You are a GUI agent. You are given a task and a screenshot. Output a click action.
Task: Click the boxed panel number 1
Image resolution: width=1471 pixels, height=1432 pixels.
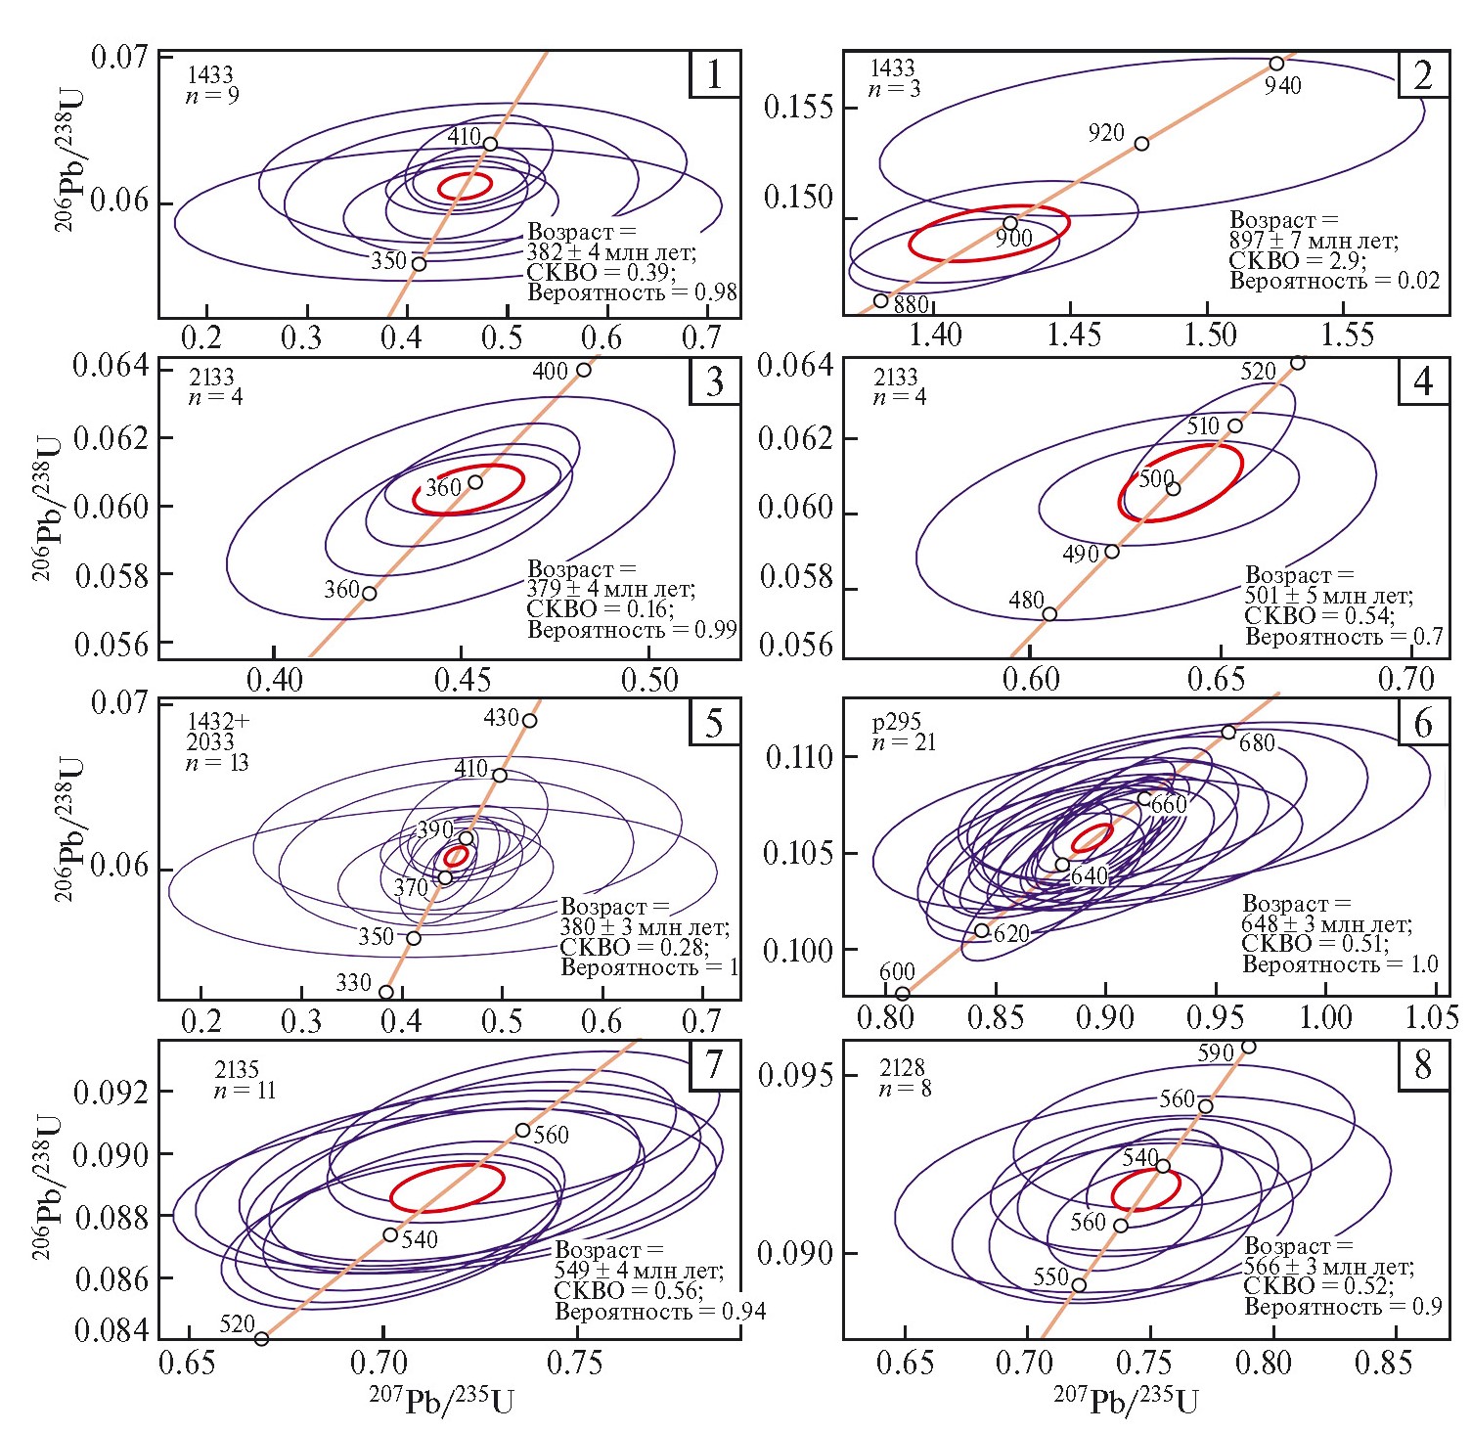click(714, 74)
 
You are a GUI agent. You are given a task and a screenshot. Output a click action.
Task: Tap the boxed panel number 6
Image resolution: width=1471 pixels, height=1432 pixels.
click(1423, 723)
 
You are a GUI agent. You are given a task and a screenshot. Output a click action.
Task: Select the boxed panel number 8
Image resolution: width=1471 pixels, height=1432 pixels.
click(1423, 1064)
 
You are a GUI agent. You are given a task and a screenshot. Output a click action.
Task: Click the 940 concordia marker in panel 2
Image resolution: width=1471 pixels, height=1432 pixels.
click(1276, 64)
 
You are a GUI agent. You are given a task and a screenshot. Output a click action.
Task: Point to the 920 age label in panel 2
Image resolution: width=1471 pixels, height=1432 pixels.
click(1106, 133)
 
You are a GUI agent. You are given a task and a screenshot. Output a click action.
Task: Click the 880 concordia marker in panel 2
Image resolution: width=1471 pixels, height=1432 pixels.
click(880, 300)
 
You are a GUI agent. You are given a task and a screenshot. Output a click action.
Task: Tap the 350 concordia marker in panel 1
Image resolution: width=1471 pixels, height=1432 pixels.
click(419, 264)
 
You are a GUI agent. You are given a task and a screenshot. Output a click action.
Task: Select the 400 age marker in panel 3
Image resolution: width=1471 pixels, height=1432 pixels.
click(584, 370)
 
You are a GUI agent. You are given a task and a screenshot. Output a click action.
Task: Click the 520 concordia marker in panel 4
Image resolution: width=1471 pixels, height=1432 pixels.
click(1298, 363)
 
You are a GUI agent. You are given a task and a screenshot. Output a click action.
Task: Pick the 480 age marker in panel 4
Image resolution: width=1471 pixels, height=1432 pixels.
click(1049, 614)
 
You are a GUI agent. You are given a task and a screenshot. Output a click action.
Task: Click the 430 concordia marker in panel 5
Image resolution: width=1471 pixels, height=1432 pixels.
click(529, 721)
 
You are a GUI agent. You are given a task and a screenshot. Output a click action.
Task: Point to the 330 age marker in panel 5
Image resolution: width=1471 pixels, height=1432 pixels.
click(386, 992)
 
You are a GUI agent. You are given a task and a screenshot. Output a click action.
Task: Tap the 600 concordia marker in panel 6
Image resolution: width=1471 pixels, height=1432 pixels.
click(903, 994)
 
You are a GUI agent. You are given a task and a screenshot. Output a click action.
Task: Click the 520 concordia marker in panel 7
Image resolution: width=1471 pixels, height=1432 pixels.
click(261, 1338)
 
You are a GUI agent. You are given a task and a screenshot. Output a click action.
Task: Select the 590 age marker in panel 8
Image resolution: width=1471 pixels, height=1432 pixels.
click(1248, 1047)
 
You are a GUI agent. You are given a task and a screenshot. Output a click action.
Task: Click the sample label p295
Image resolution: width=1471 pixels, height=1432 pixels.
click(896, 722)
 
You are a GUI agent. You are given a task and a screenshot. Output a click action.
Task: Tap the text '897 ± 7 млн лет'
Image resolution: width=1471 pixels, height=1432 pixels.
click(1314, 241)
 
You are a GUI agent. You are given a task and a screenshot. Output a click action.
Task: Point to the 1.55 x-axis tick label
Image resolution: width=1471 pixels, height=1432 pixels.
click(1348, 336)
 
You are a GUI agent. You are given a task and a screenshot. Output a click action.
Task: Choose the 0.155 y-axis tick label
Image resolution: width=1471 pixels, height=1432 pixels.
click(798, 107)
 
